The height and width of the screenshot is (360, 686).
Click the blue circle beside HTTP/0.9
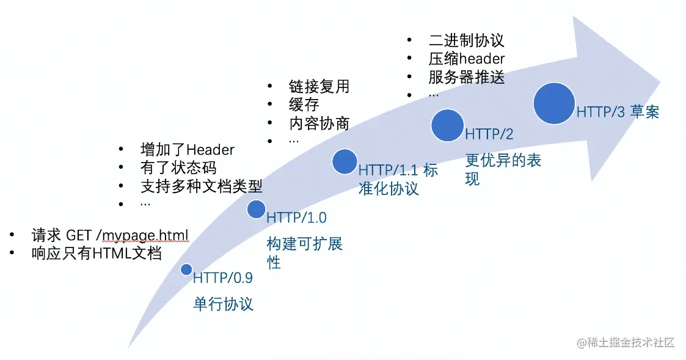click(x=186, y=270)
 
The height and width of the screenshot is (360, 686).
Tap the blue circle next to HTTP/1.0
click(x=257, y=210)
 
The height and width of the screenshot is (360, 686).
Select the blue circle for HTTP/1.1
click(x=345, y=161)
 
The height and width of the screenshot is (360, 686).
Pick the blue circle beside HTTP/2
click(x=447, y=125)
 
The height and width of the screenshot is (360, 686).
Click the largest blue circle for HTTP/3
click(x=554, y=103)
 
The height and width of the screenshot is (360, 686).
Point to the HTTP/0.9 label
click(x=223, y=277)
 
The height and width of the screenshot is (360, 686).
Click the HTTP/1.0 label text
click(x=297, y=217)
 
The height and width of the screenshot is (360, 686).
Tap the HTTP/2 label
click(x=489, y=134)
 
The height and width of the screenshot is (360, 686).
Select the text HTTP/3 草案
click(x=618, y=112)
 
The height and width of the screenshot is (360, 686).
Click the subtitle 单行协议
click(x=223, y=304)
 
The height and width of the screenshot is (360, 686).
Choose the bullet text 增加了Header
click(x=188, y=150)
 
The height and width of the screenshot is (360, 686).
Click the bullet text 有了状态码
click(x=178, y=167)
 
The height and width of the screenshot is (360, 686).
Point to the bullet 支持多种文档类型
click(x=201, y=186)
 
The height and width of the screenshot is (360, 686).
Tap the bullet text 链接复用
click(x=319, y=86)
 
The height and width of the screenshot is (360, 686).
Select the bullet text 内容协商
click(x=319, y=123)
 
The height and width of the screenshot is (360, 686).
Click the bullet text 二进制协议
click(x=466, y=40)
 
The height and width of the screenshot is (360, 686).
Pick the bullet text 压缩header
click(x=466, y=59)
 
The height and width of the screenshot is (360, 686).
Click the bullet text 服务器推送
click(x=466, y=77)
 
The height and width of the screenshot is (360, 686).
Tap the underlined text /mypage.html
click(x=145, y=236)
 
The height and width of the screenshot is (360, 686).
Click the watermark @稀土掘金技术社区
click(x=626, y=342)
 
